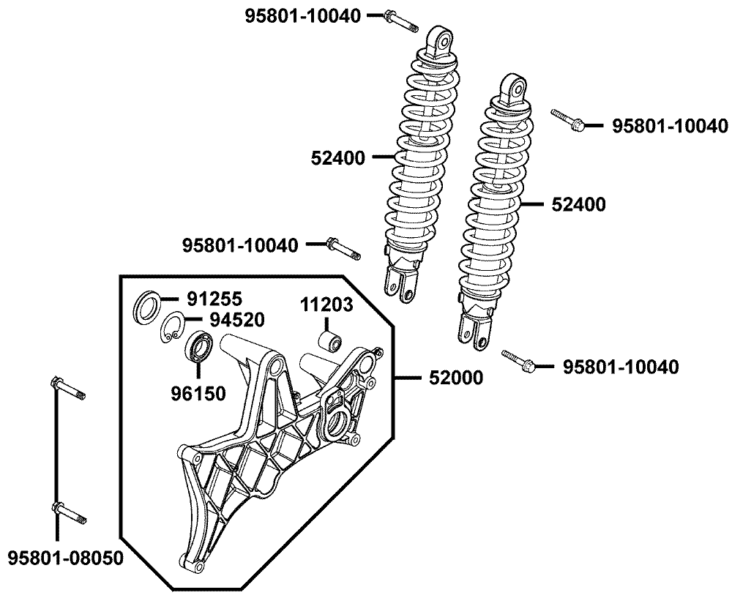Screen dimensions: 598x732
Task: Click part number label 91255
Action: click(215, 299)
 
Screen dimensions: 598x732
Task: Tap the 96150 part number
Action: click(199, 394)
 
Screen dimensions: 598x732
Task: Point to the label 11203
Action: click(326, 304)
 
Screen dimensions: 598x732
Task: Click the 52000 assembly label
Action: click(456, 378)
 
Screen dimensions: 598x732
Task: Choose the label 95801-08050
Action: click(65, 558)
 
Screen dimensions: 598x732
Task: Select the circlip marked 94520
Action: click(173, 326)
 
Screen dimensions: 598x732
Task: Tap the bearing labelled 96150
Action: click(199, 346)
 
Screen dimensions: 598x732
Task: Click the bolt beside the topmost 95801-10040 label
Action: click(400, 20)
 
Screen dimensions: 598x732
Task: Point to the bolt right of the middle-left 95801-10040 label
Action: click(343, 249)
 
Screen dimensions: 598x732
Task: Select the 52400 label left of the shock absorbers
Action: click(339, 157)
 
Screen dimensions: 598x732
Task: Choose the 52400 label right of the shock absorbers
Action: click(579, 206)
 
